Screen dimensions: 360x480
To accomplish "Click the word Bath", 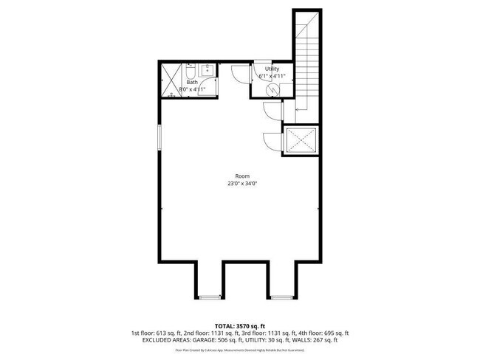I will (191, 82).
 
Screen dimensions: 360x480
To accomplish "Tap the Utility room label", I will (272, 68).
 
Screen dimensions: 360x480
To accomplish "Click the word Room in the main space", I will (242, 176).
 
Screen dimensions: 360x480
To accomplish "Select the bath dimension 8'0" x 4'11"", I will (191, 89).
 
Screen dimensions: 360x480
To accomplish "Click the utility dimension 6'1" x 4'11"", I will (272, 75).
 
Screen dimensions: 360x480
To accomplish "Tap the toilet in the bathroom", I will (189, 72).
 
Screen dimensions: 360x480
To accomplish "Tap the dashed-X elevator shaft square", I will (301, 139).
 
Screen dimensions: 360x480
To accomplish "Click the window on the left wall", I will (159, 139).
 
